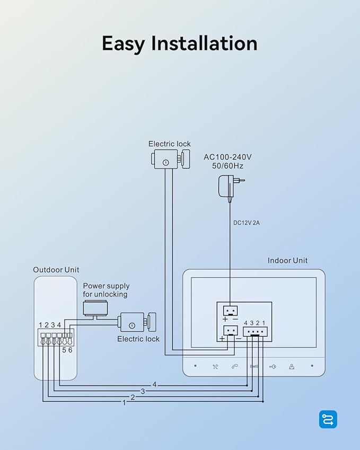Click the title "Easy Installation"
tap(180, 43)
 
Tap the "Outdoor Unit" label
tap(56, 270)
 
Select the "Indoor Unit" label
tap(287, 261)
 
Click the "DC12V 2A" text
tap(247, 223)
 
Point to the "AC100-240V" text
tap(227, 157)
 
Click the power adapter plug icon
tap(231, 187)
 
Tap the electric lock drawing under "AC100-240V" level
tap(171, 159)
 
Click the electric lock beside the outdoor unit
tap(137, 323)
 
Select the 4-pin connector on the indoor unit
tap(255, 331)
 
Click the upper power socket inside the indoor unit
tap(231, 311)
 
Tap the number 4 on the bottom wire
tap(154, 385)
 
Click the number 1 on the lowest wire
tap(124, 403)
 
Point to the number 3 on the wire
tap(143, 391)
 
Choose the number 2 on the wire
tap(133, 398)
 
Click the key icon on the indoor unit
tap(273, 366)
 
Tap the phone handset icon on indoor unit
tap(235, 366)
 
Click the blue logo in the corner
tap(328, 419)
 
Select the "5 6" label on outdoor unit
tap(67, 350)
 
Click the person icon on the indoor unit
tap(292, 366)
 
